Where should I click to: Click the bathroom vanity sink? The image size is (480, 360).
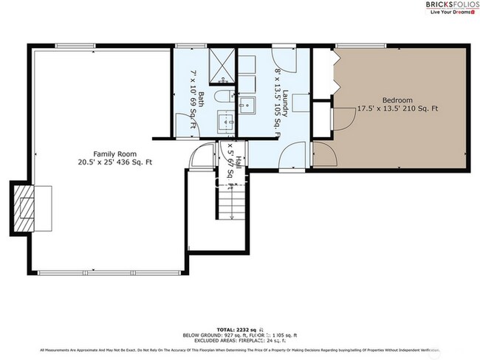(x=224, y=121)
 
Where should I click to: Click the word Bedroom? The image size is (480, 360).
(x=397, y=100)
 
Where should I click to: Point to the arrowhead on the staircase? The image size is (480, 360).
(x=232, y=216)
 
